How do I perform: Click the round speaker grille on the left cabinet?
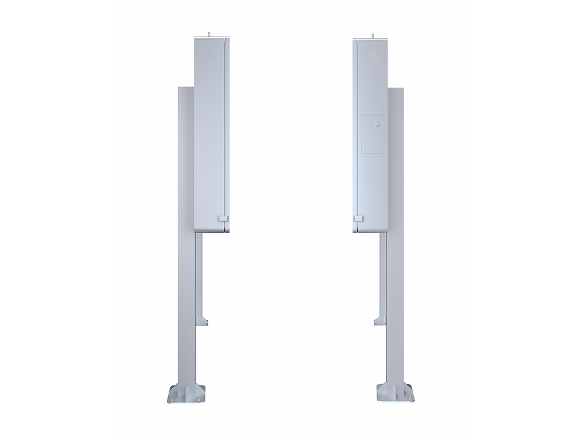210,56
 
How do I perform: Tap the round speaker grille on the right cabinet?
371,56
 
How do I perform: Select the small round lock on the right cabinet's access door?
377,124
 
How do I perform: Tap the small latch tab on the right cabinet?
359,219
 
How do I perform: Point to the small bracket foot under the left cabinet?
202,320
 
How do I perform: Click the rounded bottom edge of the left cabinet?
211,230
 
